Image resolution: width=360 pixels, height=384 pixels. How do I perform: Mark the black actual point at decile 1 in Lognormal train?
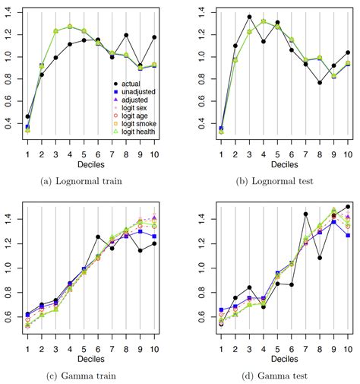[x=28, y=117]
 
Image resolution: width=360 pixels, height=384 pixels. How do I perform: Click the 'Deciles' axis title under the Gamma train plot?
[x=91, y=357]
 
